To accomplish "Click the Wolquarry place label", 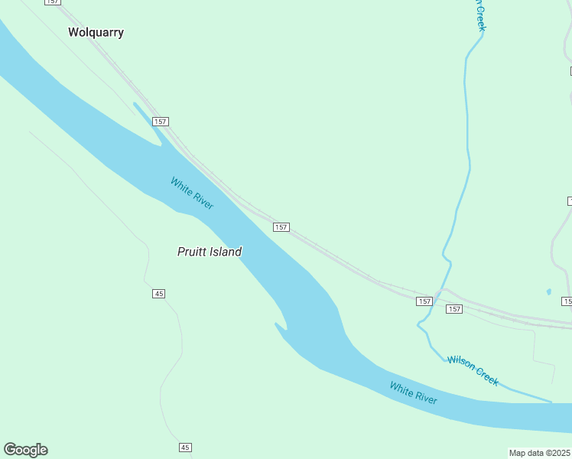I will (x=96, y=33).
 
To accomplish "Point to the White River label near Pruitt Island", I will (x=192, y=194).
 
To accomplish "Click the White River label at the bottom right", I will (x=413, y=393).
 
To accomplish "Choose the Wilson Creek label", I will (x=473, y=370).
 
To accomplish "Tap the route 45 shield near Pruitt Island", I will (x=158, y=294).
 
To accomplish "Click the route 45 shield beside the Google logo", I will (x=185, y=448).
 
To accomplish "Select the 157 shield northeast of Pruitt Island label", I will (x=281, y=227).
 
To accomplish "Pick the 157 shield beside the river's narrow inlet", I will (x=160, y=122).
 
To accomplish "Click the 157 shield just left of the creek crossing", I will (x=424, y=301).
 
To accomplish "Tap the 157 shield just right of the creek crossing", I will (x=454, y=309).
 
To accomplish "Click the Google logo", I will (x=25, y=450).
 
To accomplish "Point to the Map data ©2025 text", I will (x=539, y=453).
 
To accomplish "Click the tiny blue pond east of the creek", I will (x=548, y=291).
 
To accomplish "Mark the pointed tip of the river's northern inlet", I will (x=135, y=103).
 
